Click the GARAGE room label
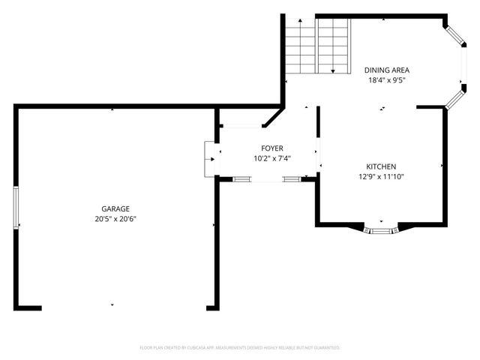click(x=115, y=208)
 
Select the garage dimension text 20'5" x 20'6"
click(x=115, y=219)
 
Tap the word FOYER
click(x=272, y=148)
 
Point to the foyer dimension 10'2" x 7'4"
click(x=272, y=158)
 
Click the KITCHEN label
click(x=381, y=166)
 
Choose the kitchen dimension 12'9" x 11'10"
click(x=381, y=177)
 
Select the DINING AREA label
click(x=388, y=70)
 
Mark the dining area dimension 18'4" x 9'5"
click(x=388, y=80)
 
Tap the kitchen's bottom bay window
click(x=381, y=229)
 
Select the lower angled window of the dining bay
click(x=454, y=98)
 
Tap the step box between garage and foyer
click(x=209, y=159)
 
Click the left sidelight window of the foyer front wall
click(x=241, y=179)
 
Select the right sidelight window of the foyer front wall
click(x=291, y=179)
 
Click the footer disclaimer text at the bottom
click(x=240, y=348)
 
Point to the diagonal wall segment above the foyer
click(x=272, y=118)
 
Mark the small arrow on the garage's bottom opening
click(x=112, y=304)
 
